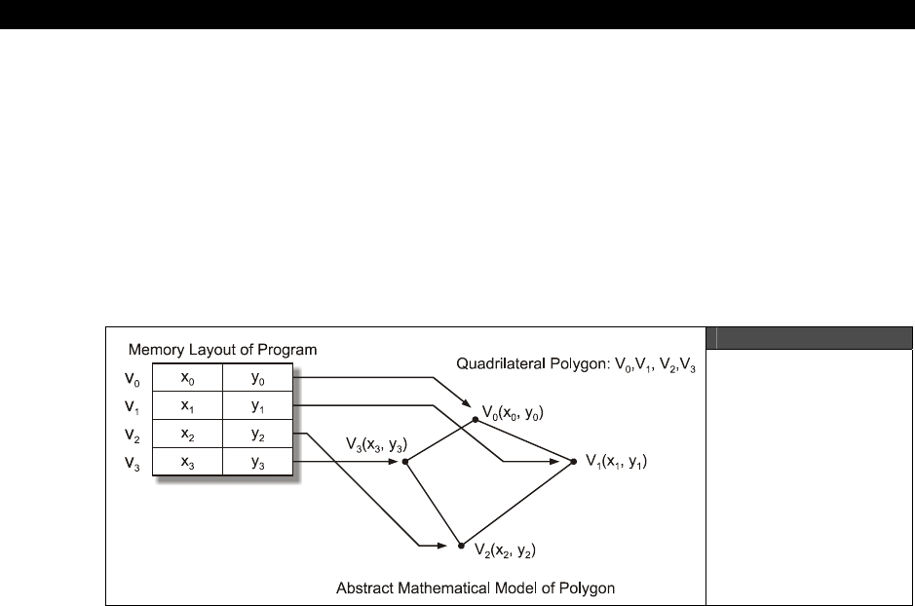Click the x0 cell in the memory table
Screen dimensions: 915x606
click(x=187, y=380)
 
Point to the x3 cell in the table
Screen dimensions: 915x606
click(x=187, y=463)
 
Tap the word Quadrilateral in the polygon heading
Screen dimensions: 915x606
click(x=498, y=364)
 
